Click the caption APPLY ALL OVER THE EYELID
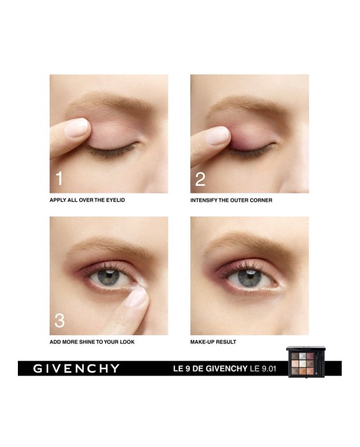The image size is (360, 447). point(87,201)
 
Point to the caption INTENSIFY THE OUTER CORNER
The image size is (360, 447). point(231,201)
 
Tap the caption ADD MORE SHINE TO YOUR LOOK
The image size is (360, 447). point(92,342)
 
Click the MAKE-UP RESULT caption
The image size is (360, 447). point(213,342)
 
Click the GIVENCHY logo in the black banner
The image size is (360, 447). point(77,368)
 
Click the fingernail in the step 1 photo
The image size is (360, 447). point(77,128)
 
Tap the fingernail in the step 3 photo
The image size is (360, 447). point(136,298)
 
